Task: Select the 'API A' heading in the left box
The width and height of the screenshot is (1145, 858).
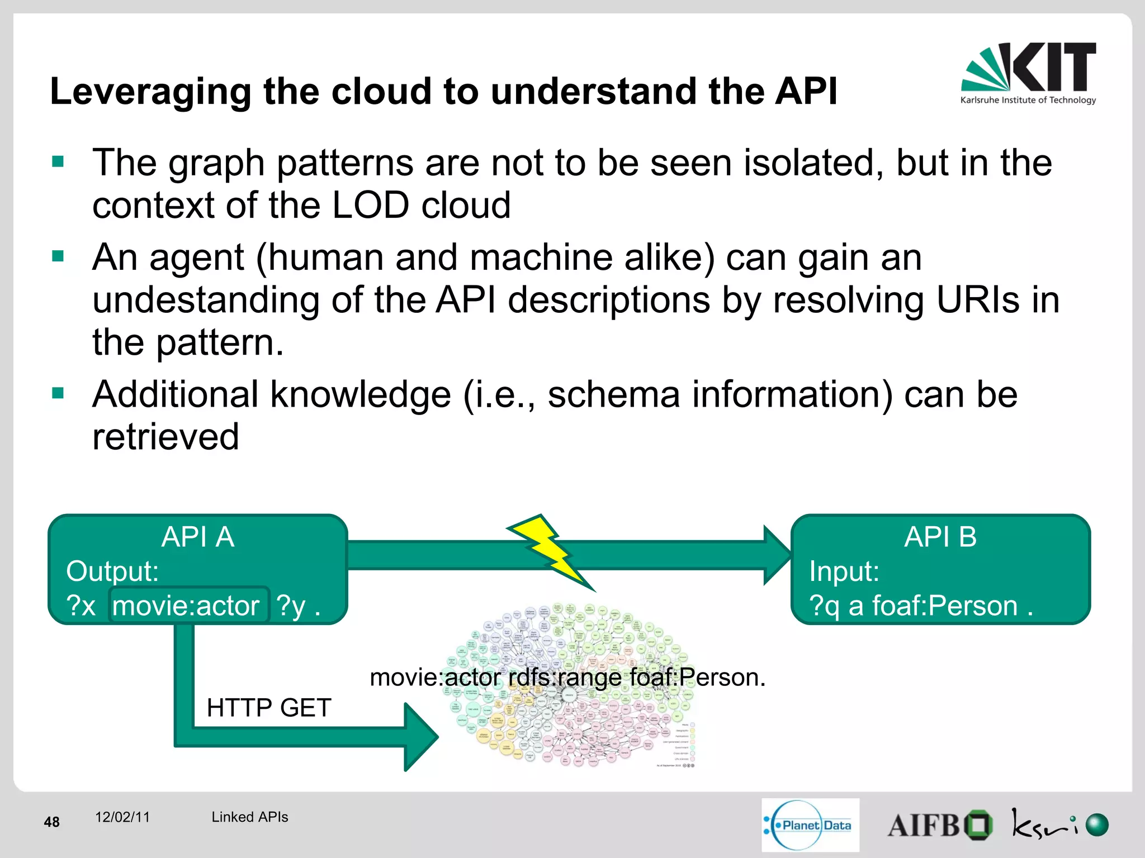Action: [197, 537]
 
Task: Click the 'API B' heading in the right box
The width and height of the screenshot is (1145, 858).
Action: [940, 537]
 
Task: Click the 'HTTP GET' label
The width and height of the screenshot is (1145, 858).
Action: [269, 708]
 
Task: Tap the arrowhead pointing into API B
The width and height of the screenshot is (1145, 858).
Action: [777, 555]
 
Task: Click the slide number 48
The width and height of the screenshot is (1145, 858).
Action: [51, 822]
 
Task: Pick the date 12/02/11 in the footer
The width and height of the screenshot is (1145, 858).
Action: [122, 817]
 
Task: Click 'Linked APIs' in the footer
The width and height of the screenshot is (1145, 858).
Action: [249, 817]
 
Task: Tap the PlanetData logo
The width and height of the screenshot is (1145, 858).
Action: [810, 825]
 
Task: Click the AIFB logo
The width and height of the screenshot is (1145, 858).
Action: [939, 826]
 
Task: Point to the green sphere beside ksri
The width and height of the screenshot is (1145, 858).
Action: [1096, 825]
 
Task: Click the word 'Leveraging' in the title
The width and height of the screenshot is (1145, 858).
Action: [150, 92]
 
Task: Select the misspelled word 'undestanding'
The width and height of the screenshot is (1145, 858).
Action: [205, 300]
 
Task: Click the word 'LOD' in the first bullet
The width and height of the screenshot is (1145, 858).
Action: [370, 205]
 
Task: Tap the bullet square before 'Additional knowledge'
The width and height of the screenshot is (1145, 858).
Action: [58, 393]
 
